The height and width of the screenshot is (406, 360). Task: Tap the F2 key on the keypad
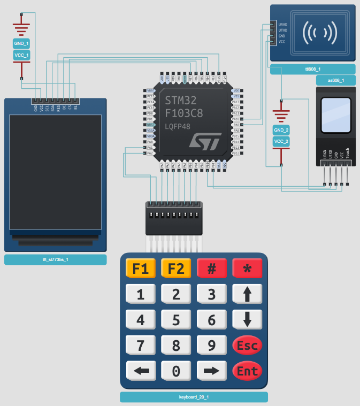[175, 269]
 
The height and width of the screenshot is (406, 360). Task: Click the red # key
[211, 269]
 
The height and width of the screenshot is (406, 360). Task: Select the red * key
[247, 269]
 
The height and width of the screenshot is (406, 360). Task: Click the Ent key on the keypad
[247, 370]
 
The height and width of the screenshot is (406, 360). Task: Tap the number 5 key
[175, 320]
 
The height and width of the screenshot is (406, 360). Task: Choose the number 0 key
[175, 370]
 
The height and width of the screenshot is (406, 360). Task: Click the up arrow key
[247, 294]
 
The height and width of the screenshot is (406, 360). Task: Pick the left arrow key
[140, 370]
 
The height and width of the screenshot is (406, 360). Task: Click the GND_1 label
[21, 43]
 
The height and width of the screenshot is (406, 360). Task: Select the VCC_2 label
[281, 141]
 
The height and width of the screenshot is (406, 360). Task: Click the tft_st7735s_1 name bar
[56, 260]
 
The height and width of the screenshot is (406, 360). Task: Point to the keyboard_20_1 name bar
[194, 397]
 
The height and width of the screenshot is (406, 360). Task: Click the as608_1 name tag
[335, 81]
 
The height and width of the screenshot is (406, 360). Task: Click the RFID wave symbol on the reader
[320, 33]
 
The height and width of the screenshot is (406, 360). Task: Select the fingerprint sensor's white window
[335, 116]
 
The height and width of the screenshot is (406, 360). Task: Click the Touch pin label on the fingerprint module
[348, 153]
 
